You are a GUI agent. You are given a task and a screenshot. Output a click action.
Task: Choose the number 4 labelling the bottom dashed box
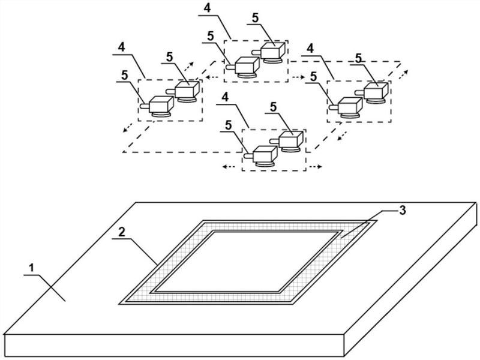(x=223, y=97)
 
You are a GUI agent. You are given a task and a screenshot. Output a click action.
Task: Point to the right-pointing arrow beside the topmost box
(x=300, y=77)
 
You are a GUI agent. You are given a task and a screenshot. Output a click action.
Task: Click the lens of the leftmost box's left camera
(x=144, y=106)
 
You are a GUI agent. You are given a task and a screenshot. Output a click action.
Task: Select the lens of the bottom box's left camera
(x=247, y=155)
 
